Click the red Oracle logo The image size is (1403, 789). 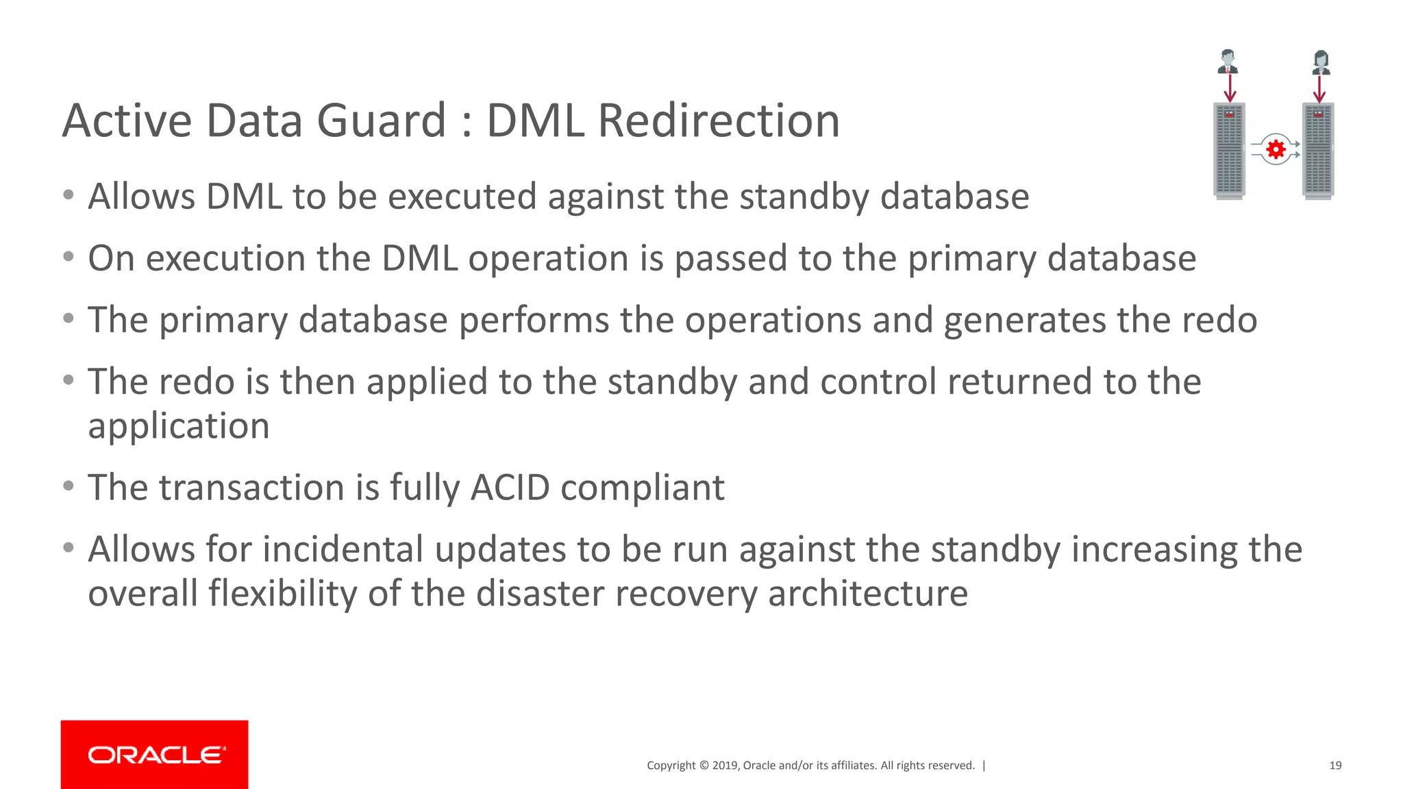[x=154, y=754]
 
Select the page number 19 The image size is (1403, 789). [x=1335, y=766]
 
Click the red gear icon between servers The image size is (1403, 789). [x=1276, y=149]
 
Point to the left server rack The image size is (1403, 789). [x=1229, y=151]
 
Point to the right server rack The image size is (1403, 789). [x=1318, y=151]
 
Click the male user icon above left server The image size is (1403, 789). [x=1228, y=62]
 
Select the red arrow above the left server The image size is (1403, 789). [x=1230, y=89]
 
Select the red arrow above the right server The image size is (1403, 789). [x=1319, y=89]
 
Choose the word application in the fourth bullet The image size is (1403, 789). [x=179, y=427]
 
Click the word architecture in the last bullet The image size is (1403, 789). [x=868, y=594]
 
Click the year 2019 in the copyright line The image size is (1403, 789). [x=725, y=766]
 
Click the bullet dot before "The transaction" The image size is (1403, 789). [x=68, y=486]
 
